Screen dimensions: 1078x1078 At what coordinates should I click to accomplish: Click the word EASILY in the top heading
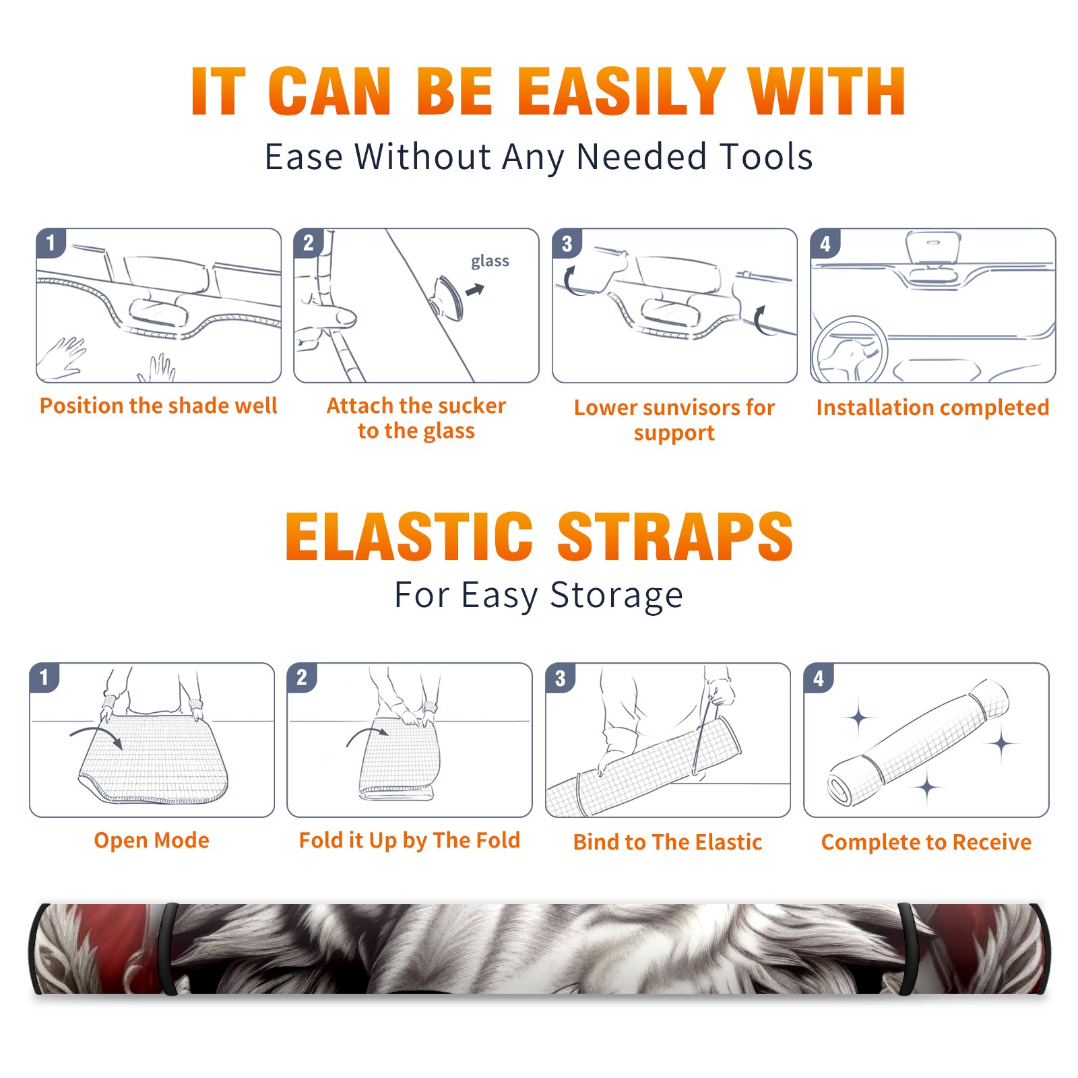tap(620, 92)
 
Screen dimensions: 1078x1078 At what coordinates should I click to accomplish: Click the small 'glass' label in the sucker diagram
tap(490, 261)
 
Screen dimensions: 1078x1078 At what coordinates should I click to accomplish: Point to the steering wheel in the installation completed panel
tap(850, 350)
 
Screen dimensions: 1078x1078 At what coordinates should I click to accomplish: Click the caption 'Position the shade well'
tap(158, 406)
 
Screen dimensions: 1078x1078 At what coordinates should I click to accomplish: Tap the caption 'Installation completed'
tap(932, 408)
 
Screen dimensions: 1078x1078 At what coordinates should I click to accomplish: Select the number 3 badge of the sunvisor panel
tap(567, 243)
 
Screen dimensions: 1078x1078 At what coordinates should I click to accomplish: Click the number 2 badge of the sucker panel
tap(309, 243)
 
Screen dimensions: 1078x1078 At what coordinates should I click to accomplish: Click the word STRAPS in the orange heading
tap(675, 536)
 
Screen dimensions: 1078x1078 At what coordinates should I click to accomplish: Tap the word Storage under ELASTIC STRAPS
tap(616, 596)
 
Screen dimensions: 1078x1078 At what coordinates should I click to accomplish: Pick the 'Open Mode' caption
tap(152, 840)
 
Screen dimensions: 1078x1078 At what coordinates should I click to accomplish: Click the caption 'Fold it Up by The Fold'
tap(410, 841)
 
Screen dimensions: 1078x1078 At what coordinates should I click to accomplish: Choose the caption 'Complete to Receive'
tap(926, 842)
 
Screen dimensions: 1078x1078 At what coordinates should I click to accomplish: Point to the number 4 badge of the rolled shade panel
tap(819, 678)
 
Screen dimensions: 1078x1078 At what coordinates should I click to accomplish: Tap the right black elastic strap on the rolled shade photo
tap(907, 949)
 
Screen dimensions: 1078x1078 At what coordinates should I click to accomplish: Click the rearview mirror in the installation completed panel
tap(933, 247)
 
